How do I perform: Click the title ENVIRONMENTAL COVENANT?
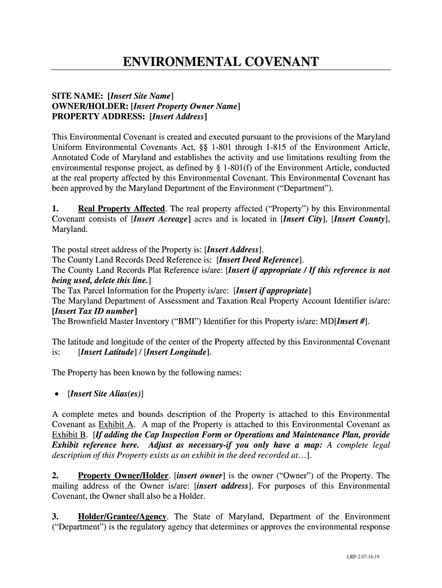pos(220,62)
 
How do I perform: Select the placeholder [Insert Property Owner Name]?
pos(185,106)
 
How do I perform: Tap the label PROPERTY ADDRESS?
pos(99,117)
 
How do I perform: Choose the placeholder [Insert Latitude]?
pos(110,352)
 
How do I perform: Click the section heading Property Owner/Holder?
pos(123,475)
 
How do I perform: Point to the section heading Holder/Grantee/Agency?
pos(126,516)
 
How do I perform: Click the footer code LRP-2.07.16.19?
pos(367,557)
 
